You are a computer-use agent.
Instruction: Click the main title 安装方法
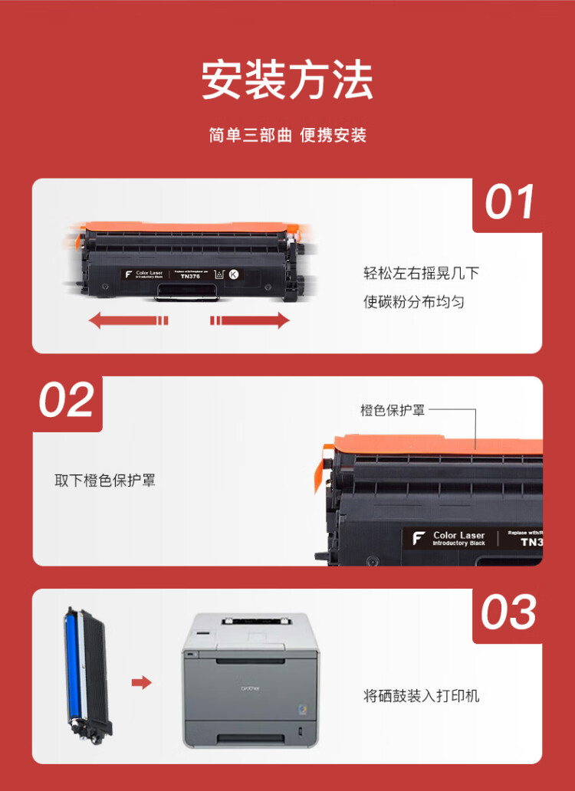coord(287,80)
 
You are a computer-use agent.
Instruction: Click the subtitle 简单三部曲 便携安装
coord(287,136)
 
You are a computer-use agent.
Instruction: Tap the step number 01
coord(509,204)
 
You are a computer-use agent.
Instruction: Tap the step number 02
coord(67,401)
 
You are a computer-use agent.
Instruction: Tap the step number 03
coord(509,613)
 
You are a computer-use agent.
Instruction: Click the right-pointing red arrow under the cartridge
coord(250,320)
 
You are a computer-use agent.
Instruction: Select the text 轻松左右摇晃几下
coord(421,274)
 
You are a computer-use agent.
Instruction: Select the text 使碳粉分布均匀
coord(414,302)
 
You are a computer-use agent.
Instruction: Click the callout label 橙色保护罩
coord(393,410)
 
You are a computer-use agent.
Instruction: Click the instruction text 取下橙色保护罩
coord(105,481)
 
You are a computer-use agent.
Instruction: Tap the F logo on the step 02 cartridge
coord(419,538)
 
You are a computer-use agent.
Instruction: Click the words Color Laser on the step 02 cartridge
coord(458,535)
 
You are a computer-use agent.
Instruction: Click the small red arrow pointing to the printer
coord(142,682)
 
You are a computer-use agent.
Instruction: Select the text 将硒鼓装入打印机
coord(421,696)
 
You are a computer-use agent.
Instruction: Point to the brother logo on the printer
coord(250,688)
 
